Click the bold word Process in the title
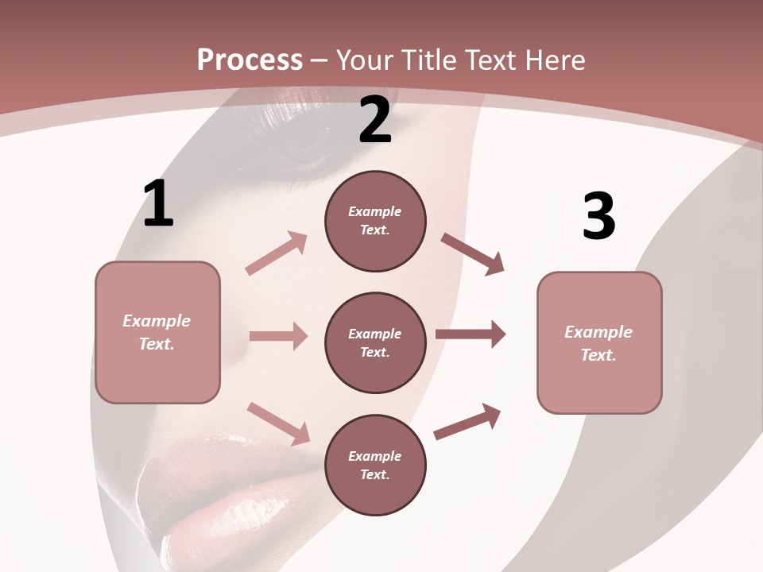pyautogui.click(x=250, y=60)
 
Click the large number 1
pyautogui.click(x=158, y=204)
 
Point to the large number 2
pyautogui.click(x=375, y=120)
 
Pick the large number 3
pyautogui.click(x=598, y=217)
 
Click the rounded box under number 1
pyautogui.click(x=157, y=332)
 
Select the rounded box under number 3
pyautogui.click(x=599, y=342)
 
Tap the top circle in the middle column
pyautogui.click(x=375, y=221)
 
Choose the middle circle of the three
pyautogui.click(x=375, y=342)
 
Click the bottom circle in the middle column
pyautogui.click(x=375, y=465)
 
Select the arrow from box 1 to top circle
pyautogui.click(x=277, y=253)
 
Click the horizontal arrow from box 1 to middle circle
pyautogui.click(x=278, y=336)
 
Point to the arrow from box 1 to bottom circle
pyautogui.click(x=279, y=423)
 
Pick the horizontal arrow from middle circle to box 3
pyautogui.click(x=471, y=334)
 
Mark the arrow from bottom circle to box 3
pyautogui.click(x=467, y=421)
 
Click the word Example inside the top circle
pyautogui.click(x=375, y=211)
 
